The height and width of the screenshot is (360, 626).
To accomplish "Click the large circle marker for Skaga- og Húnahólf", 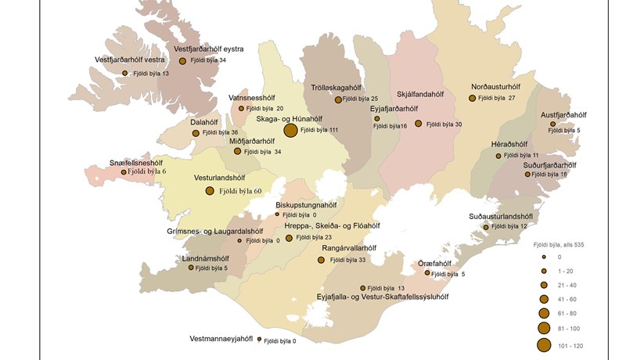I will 290,131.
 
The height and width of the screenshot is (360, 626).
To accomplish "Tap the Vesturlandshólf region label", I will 226,178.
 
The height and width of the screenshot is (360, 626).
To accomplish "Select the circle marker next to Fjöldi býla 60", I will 210,191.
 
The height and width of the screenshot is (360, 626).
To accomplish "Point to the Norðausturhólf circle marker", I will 473,99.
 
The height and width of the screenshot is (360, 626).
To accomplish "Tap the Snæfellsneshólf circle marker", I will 124,172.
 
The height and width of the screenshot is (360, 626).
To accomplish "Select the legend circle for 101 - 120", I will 543,345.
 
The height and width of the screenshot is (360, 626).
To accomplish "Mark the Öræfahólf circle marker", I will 428,273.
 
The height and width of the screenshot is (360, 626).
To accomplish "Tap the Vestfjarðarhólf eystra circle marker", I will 182,61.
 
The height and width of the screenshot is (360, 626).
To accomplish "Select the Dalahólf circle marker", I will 196,133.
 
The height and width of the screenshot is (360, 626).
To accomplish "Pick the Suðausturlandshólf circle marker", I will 486,227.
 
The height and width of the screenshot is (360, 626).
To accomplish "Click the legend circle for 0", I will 543,257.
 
